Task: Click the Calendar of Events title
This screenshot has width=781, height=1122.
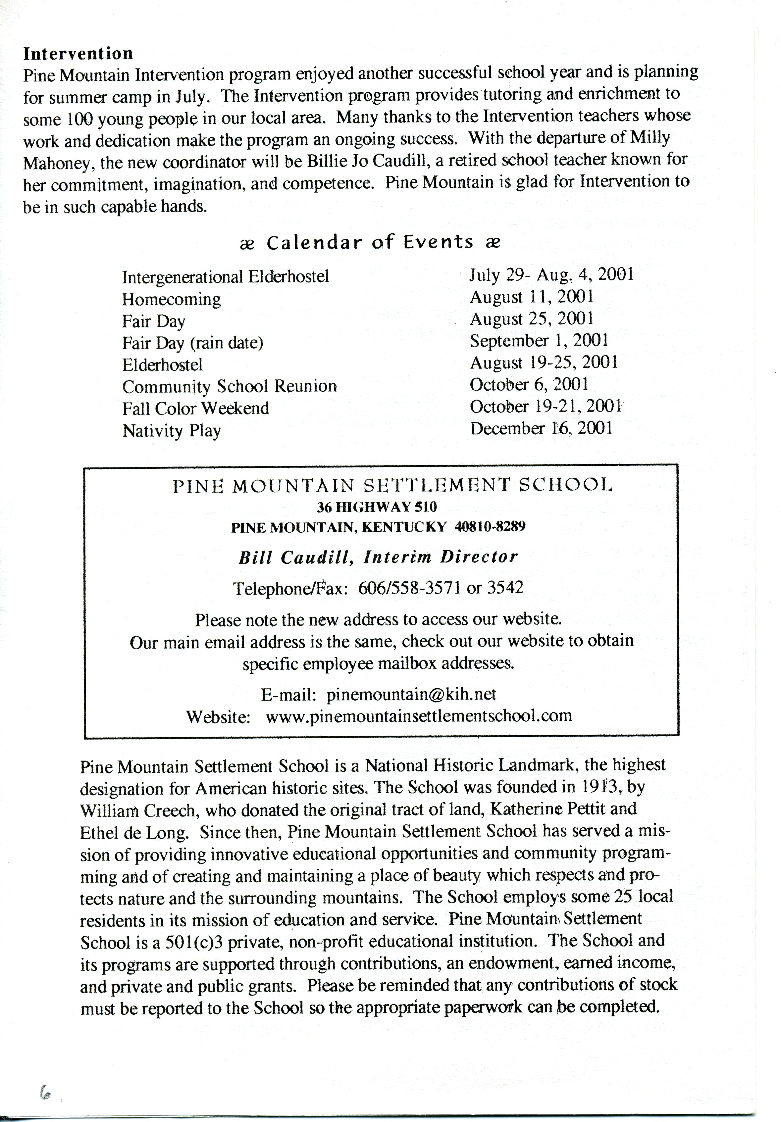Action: (x=370, y=242)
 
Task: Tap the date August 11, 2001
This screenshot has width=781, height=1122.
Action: (x=532, y=297)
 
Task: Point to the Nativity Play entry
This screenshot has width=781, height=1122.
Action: (x=172, y=430)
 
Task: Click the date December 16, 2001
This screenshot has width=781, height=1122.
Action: (x=541, y=428)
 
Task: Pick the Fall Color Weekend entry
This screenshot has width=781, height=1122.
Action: (x=195, y=408)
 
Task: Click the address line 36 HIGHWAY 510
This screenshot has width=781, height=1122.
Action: (x=377, y=507)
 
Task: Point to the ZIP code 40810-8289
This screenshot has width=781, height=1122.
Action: (x=490, y=527)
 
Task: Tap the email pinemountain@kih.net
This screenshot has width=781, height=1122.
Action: (x=411, y=694)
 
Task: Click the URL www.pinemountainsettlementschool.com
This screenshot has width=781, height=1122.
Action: (x=419, y=716)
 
